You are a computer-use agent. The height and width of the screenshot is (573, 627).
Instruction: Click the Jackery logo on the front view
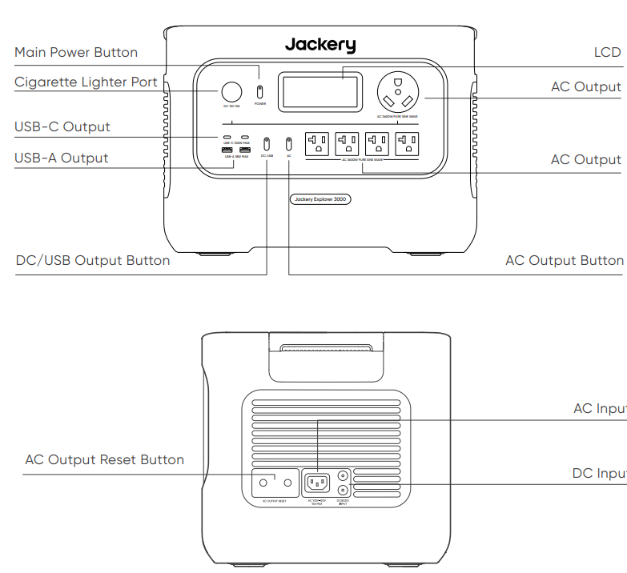tap(320, 45)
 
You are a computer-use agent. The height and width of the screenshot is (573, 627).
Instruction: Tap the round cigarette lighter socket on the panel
tap(231, 91)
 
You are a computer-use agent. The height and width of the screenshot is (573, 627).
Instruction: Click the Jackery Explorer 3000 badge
tap(320, 198)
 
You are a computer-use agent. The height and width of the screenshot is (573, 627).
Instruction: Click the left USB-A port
tap(226, 150)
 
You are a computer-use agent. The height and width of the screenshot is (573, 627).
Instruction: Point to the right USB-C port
tap(245, 138)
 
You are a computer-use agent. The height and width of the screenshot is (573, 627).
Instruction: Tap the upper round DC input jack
tap(344, 475)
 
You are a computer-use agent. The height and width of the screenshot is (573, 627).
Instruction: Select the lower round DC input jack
tap(344, 490)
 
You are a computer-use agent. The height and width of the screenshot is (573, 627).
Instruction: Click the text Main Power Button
tap(76, 53)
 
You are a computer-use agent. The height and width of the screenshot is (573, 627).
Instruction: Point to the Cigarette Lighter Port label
tap(86, 82)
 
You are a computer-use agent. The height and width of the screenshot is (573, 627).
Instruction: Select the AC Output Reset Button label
tap(104, 460)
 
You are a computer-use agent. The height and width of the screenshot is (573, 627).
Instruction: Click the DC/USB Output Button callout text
tap(93, 261)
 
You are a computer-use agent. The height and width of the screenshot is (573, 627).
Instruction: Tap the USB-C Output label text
tap(62, 127)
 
